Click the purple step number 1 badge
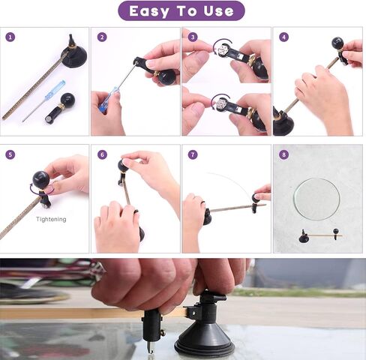tap(10, 37)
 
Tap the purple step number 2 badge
tap(102, 37)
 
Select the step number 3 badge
tap(193, 37)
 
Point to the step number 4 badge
tap(283, 37)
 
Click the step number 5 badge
tap(10, 154)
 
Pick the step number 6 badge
tap(102, 154)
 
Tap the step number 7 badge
tap(193, 154)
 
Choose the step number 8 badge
tap(283, 154)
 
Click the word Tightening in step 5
tap(51, 220)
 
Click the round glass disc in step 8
tap(316, 199)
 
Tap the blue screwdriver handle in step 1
tap(55, 91)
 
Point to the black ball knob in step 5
tap(40, 179)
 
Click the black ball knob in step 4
tap(338, 43)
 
